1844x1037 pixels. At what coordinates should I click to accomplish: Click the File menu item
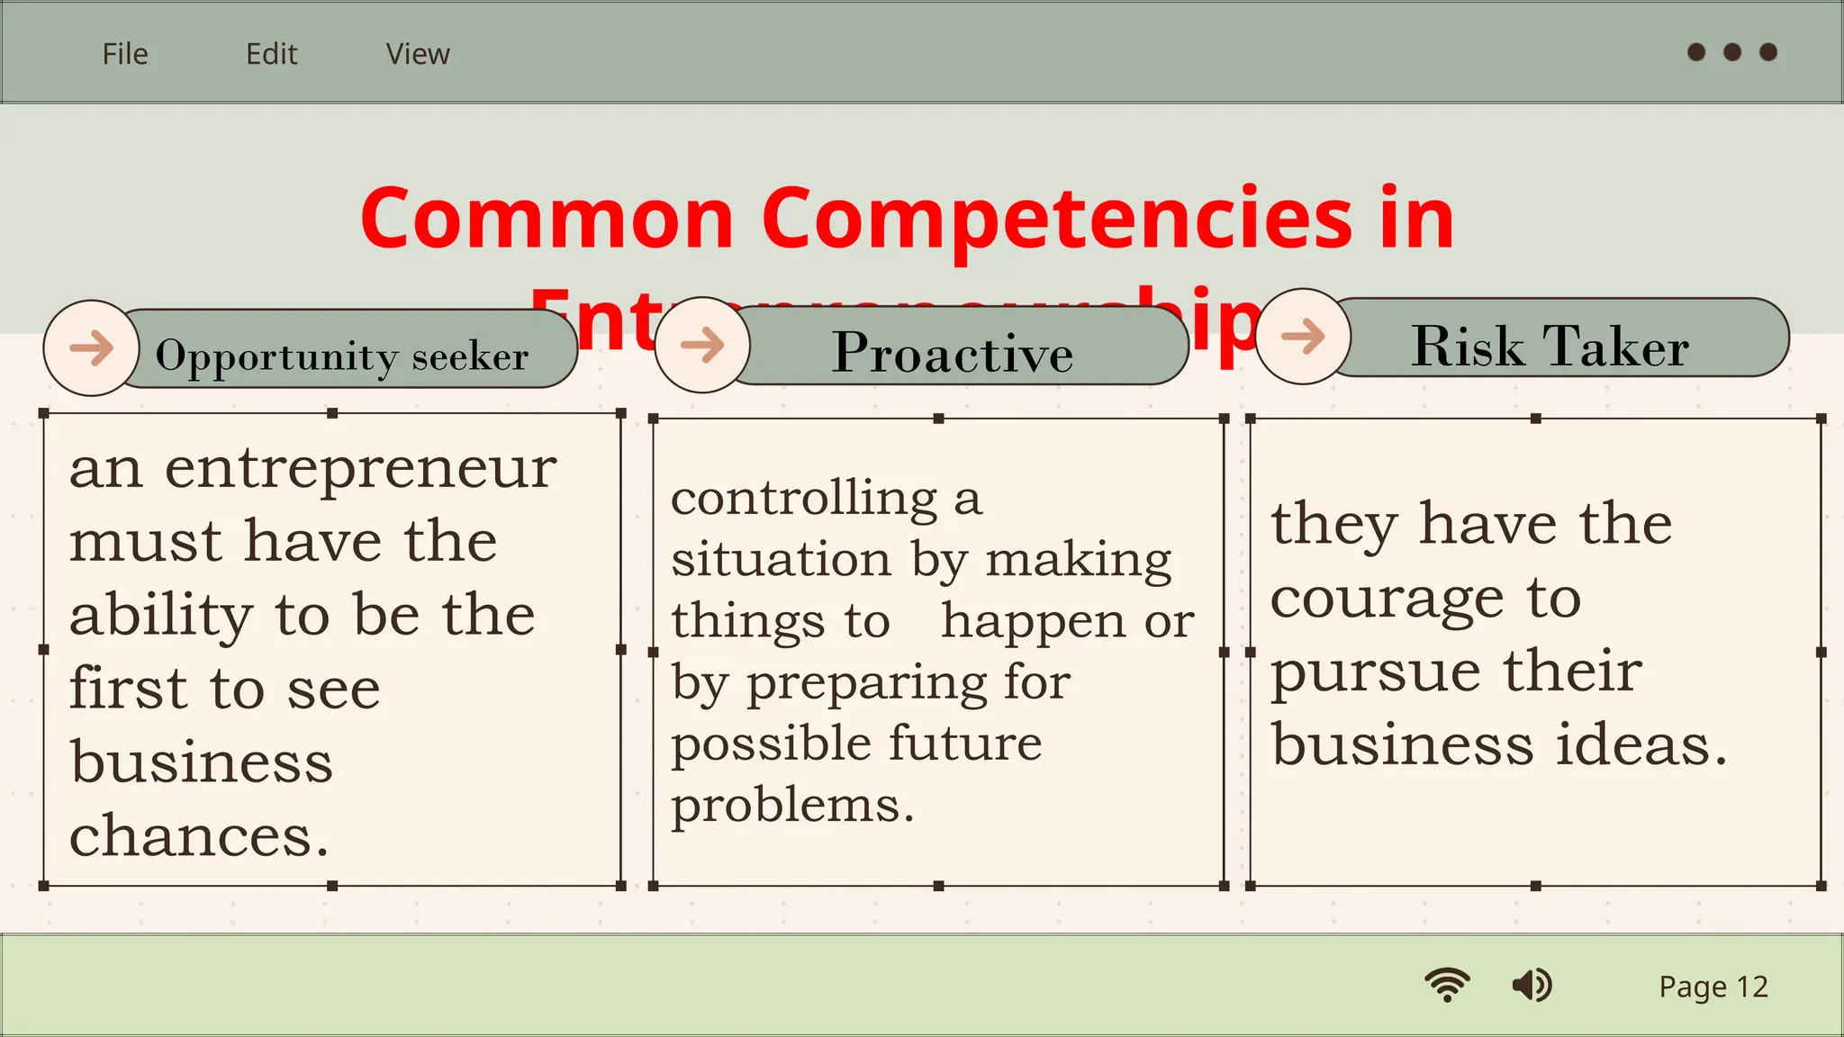(x=125, y=54)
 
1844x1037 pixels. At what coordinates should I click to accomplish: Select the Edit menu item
(x=271, y=54)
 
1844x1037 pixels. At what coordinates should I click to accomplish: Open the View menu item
(x=418, y=54)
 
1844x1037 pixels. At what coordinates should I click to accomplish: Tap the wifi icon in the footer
(x=1447, y=985)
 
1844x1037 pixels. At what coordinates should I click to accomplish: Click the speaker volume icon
(x=1532, y=985)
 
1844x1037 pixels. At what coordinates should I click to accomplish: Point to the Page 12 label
(x=1713, y=987)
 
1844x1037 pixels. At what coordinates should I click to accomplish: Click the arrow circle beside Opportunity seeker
(x=91, y=347)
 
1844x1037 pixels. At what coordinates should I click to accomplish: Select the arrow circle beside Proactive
(x=702, y=345)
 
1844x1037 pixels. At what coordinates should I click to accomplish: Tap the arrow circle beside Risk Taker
(x=1303, y=337)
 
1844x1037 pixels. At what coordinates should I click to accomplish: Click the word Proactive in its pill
(x=953, y=352)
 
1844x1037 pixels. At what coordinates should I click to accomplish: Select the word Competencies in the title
(x=1057, y=218)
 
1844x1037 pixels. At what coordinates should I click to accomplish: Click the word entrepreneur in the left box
(x=361, y=468)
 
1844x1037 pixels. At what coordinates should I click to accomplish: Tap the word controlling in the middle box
(x=805, y=498)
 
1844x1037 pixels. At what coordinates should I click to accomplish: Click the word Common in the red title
(x=547, y=218)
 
